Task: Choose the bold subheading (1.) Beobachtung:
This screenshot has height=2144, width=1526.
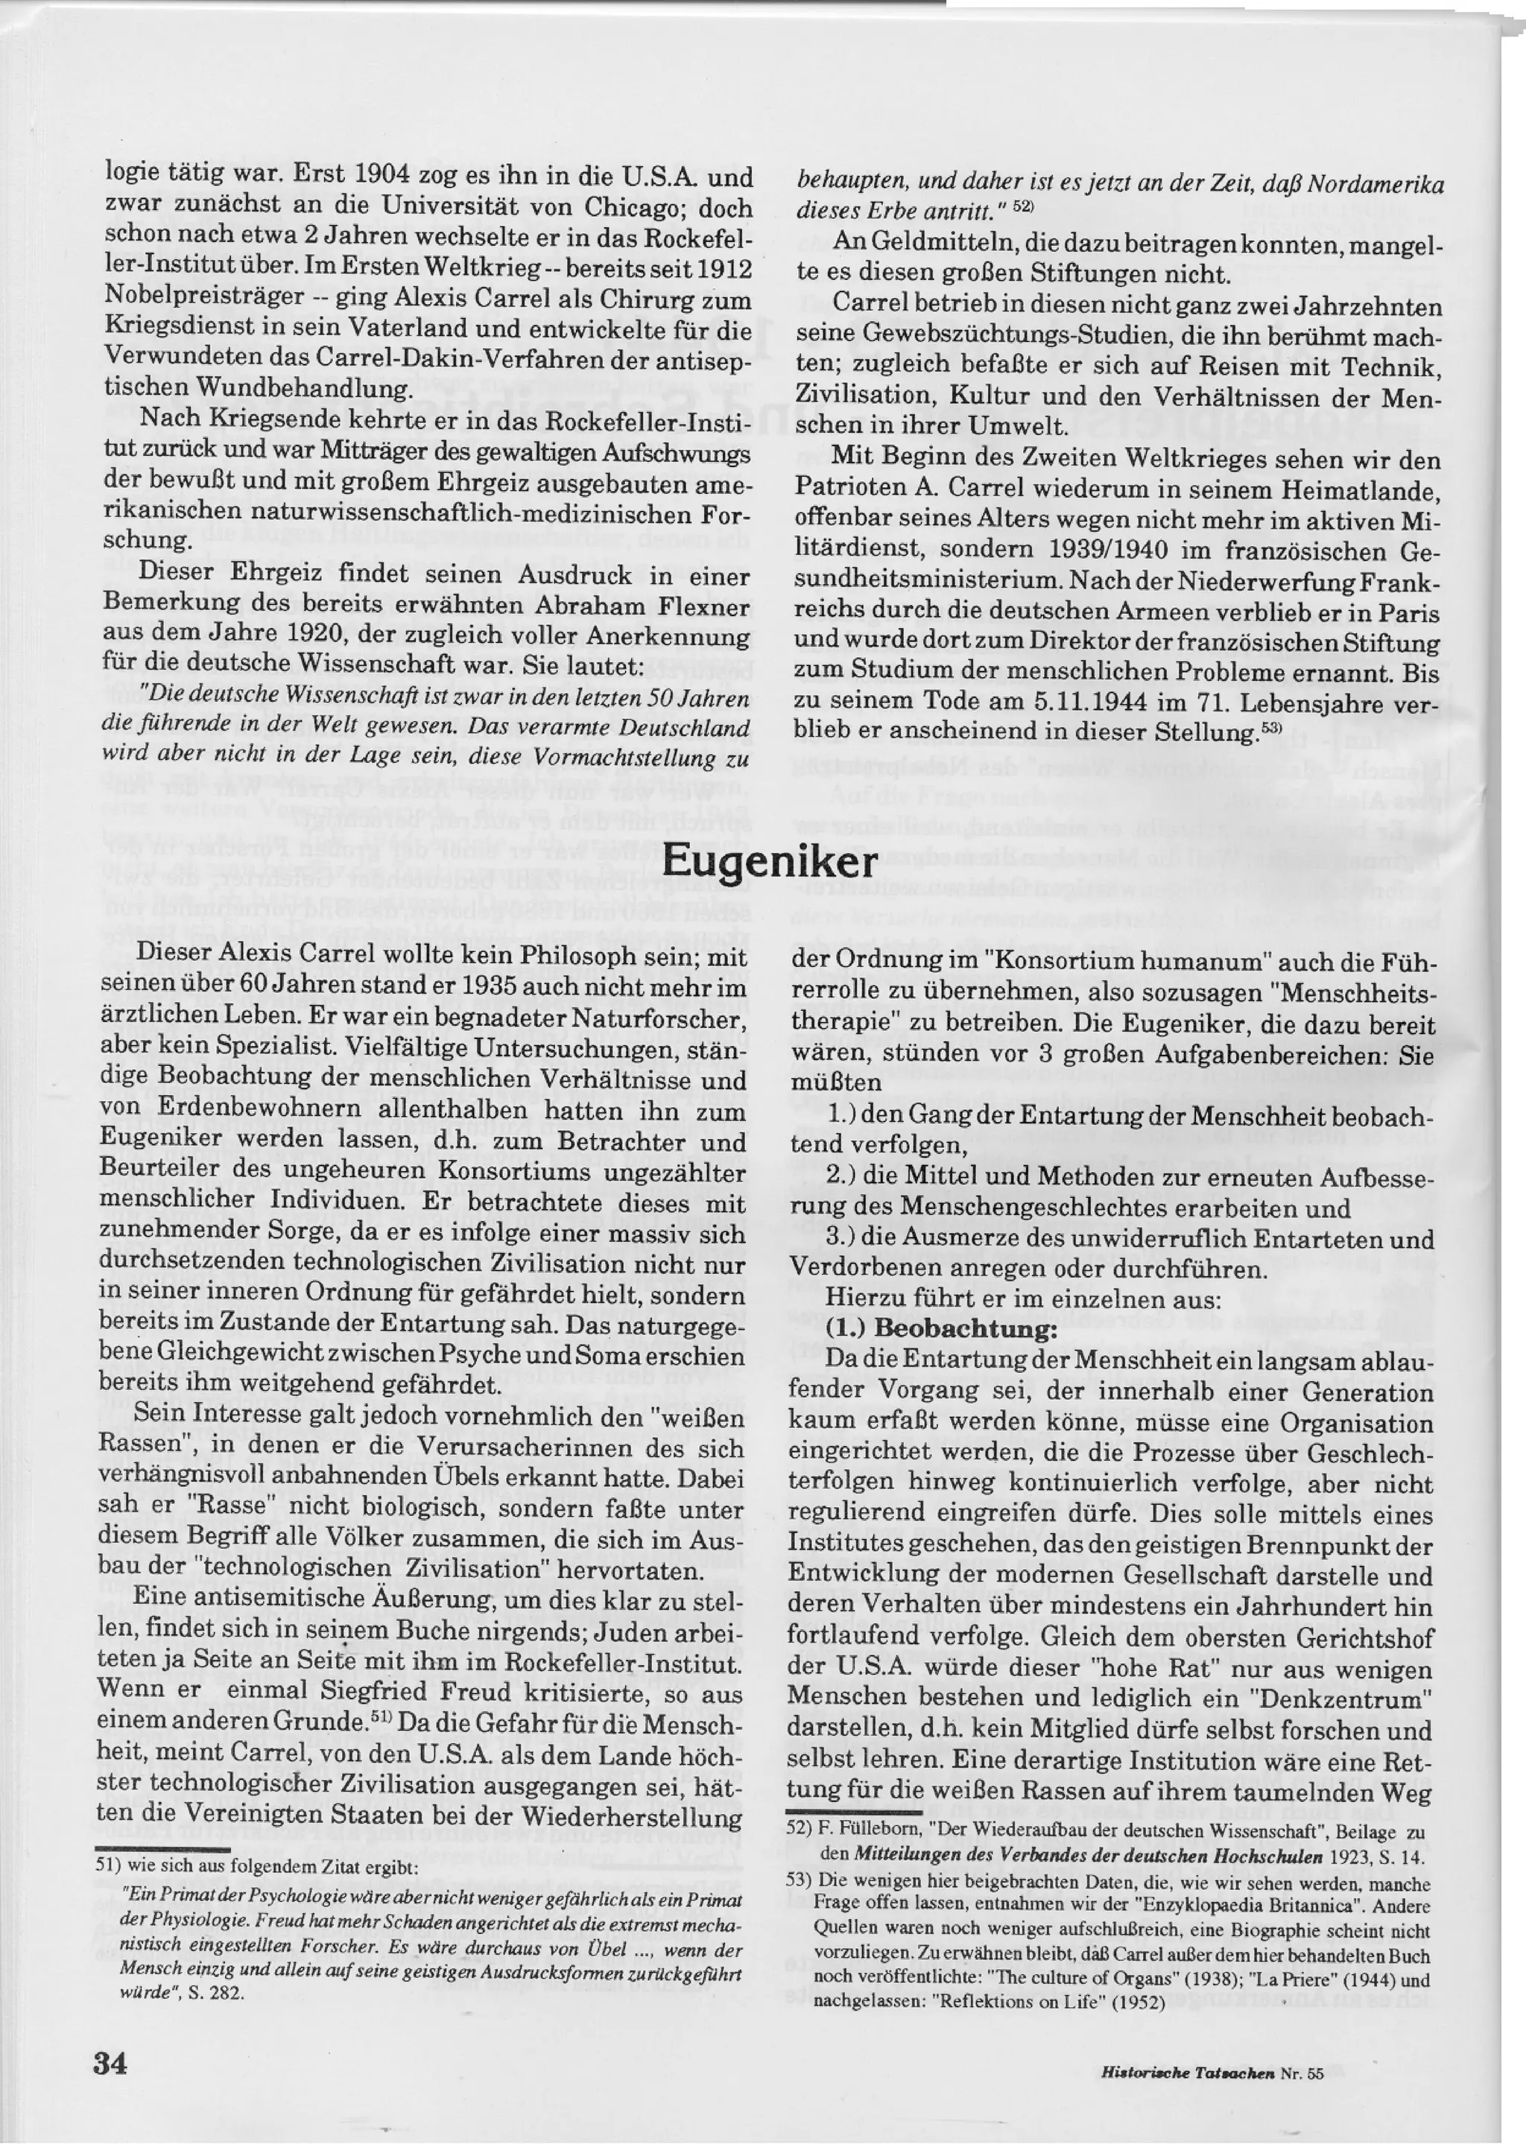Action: pos(942,1331)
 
